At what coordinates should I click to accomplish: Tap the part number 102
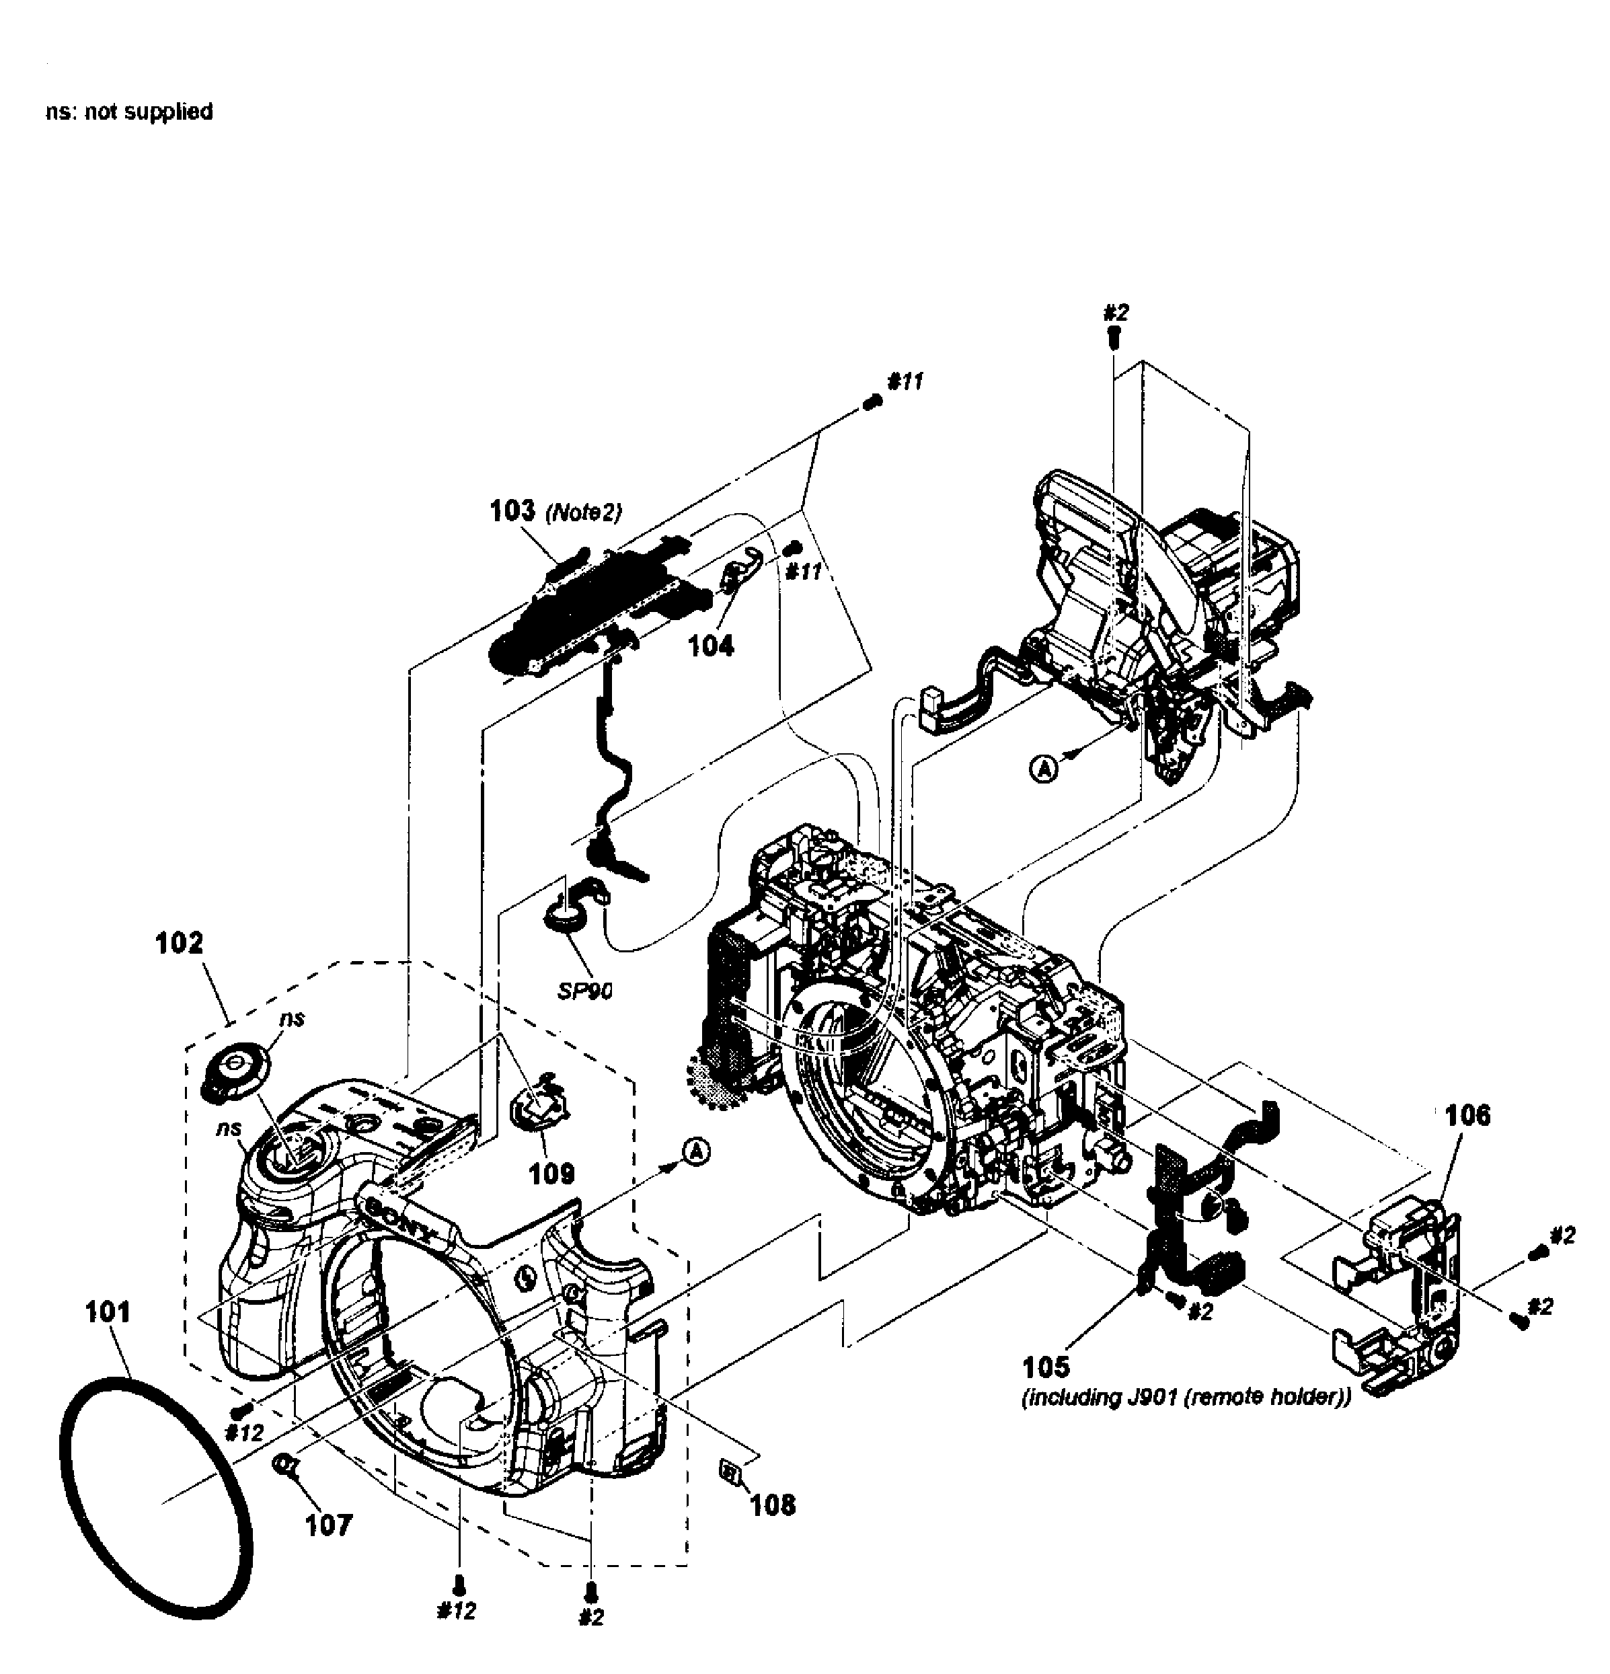coord(180,943)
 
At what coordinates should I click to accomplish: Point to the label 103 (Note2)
coord(555,512)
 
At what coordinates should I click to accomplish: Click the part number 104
coord(711,646)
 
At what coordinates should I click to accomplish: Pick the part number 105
coord(1046,1367)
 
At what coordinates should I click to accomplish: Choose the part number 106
coord(1467,1114)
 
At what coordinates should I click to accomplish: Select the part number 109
coord(551,1174)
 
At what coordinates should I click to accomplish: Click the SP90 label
coord(585,991)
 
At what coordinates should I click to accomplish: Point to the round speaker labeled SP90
coord(564,922)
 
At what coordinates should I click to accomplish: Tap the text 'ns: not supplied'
coord(129,112)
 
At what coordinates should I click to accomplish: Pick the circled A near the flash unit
coord(1042,769)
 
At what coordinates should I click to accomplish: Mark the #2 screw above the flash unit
coord(1114,338)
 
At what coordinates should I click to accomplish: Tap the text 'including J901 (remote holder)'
coord(1186,1398)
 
